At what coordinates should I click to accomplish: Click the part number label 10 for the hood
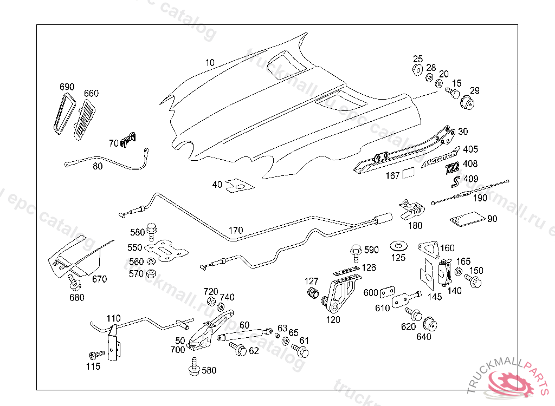(210, 63)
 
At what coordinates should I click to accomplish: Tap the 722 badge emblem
(451, 168)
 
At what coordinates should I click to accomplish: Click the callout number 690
(67, 87)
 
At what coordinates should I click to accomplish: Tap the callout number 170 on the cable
(235, 231)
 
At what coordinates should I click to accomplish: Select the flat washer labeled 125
(398, 247)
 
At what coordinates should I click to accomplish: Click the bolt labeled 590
(355, 250)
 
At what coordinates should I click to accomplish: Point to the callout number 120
(333, 320)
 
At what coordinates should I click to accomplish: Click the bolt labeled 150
(474, 281)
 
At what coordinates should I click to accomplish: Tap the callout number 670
(99, 279)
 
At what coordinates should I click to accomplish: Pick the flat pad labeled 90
(467, 219)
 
